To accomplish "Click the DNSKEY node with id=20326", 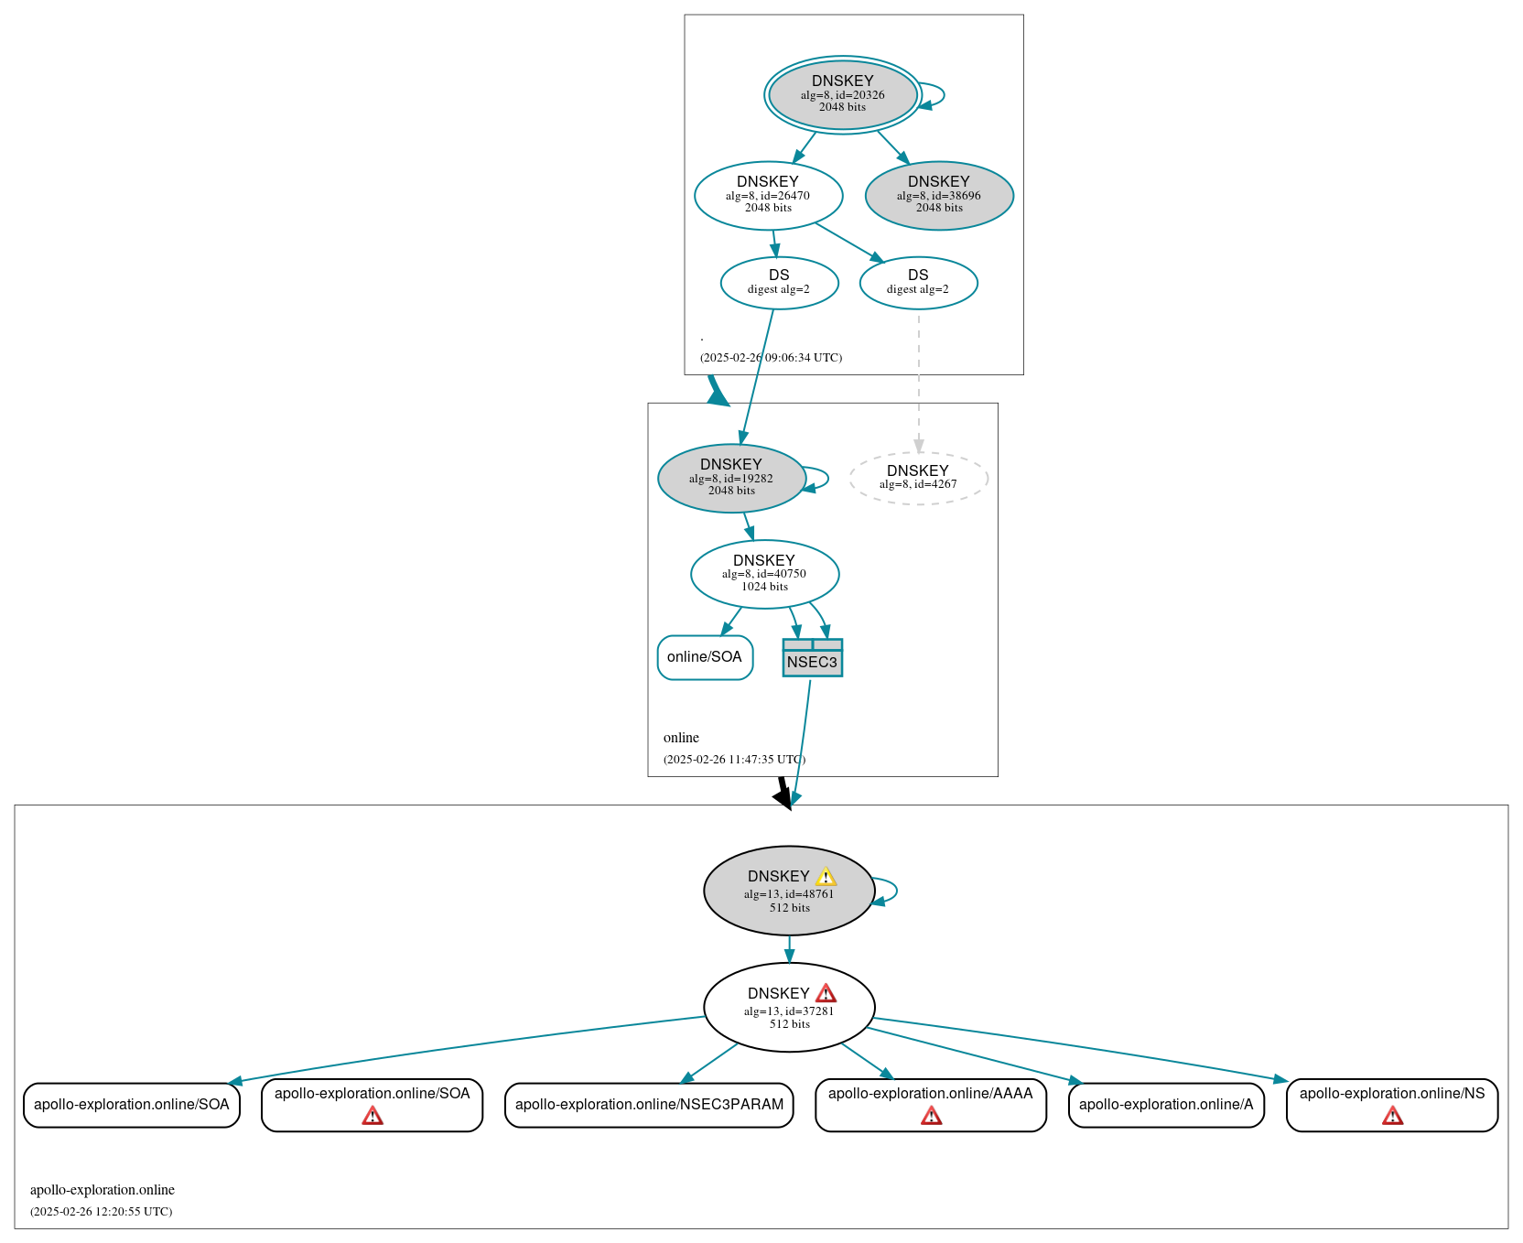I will point(842,94).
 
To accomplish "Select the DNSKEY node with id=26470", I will point(768,195).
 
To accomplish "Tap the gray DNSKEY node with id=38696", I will point(939,195).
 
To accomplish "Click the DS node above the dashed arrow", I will point(918,283).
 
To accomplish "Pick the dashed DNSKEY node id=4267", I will point(918,478).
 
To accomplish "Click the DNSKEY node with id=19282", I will point(730,478).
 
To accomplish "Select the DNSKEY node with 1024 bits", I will point(764,574).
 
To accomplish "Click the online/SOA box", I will point(705,657).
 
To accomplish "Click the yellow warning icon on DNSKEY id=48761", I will point(826,877).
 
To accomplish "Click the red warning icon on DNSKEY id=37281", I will point(826,994).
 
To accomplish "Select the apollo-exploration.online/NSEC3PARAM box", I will point(649,1105).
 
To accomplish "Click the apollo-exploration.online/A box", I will point(1165,1105).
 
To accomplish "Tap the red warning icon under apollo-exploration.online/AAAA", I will point(931,1116).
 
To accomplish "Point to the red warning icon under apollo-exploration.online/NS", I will point(1392,1116).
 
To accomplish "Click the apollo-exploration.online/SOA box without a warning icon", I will point(131,1105).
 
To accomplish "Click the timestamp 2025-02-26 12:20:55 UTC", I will point(101,1212).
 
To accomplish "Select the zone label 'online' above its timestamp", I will point(681,738).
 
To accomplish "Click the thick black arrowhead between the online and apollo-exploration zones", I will point(783,798).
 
